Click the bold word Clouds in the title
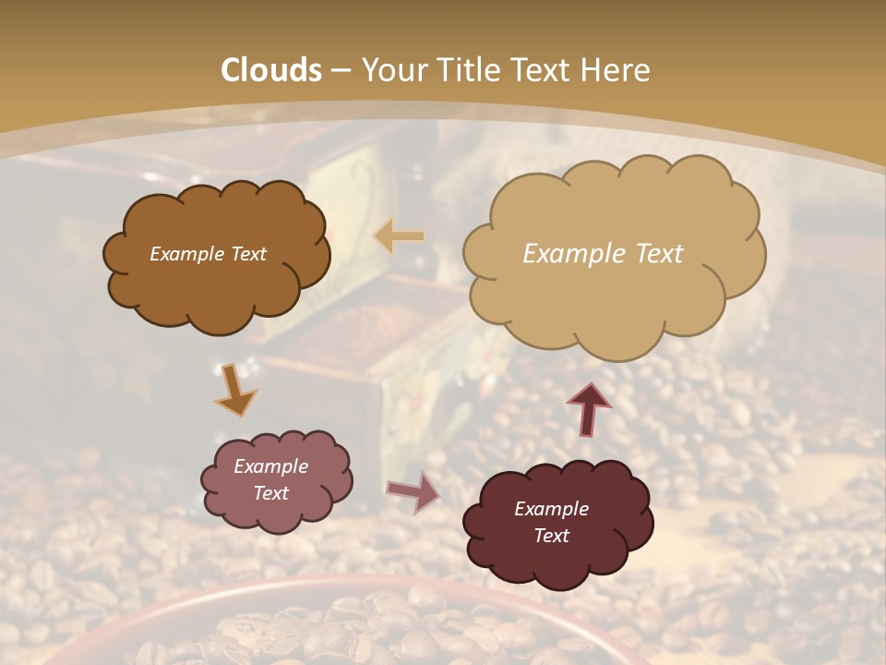pyautogui.click(x=271, y=70)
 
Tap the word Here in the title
pyautogui.click(x=617, y=70)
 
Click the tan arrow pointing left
pyautogui.click(x=399, y=236)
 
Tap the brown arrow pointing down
pyautogui.click(x=236, y=390)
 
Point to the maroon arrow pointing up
pyautogui.click(x=588, y=408)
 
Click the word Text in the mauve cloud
pyautogui.click(x=271, y=493)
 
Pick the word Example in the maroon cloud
pyautogui.click(x=551, y=509)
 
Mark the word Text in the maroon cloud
pyautogui.click(x=551, y=536)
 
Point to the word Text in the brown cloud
pyautogui.click(x=248, y=254)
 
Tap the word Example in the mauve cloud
pyautogui.click(x=271, y=466)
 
